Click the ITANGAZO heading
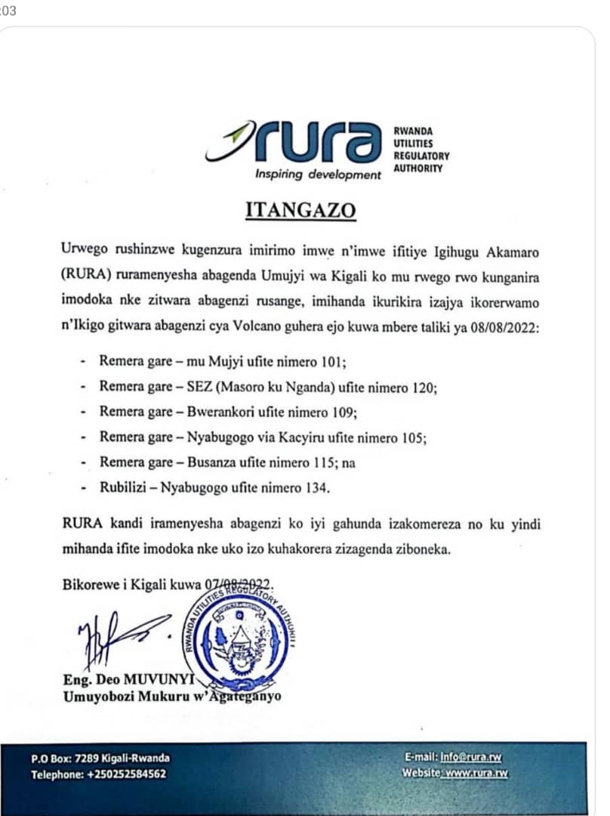coord(300,211)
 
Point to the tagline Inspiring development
coord(318,175)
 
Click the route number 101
coord(333,361)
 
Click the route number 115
coord(319,462)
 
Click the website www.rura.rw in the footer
coord(476,774)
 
